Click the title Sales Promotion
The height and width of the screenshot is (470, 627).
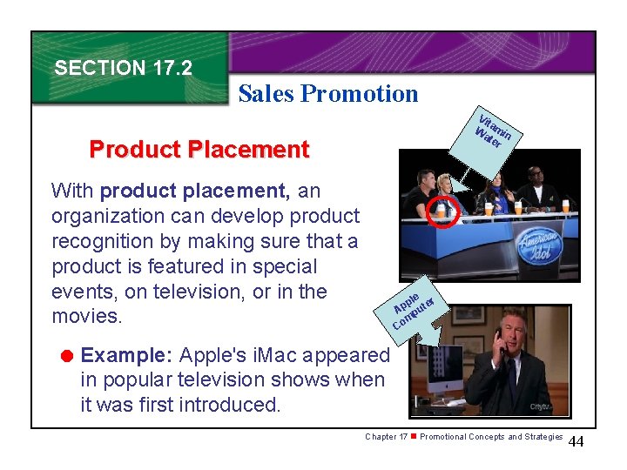pos(327,94)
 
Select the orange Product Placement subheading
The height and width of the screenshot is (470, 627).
pos(199,150)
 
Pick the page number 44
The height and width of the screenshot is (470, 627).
pos(576,443)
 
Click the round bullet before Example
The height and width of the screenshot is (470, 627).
pos(64,355)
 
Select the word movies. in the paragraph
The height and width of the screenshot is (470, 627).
pos(88,316)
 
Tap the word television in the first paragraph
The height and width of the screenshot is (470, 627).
pos(187,292)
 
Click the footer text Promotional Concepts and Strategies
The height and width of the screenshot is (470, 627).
pos(491,437)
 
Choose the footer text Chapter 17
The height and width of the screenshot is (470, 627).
pos(386,437)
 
